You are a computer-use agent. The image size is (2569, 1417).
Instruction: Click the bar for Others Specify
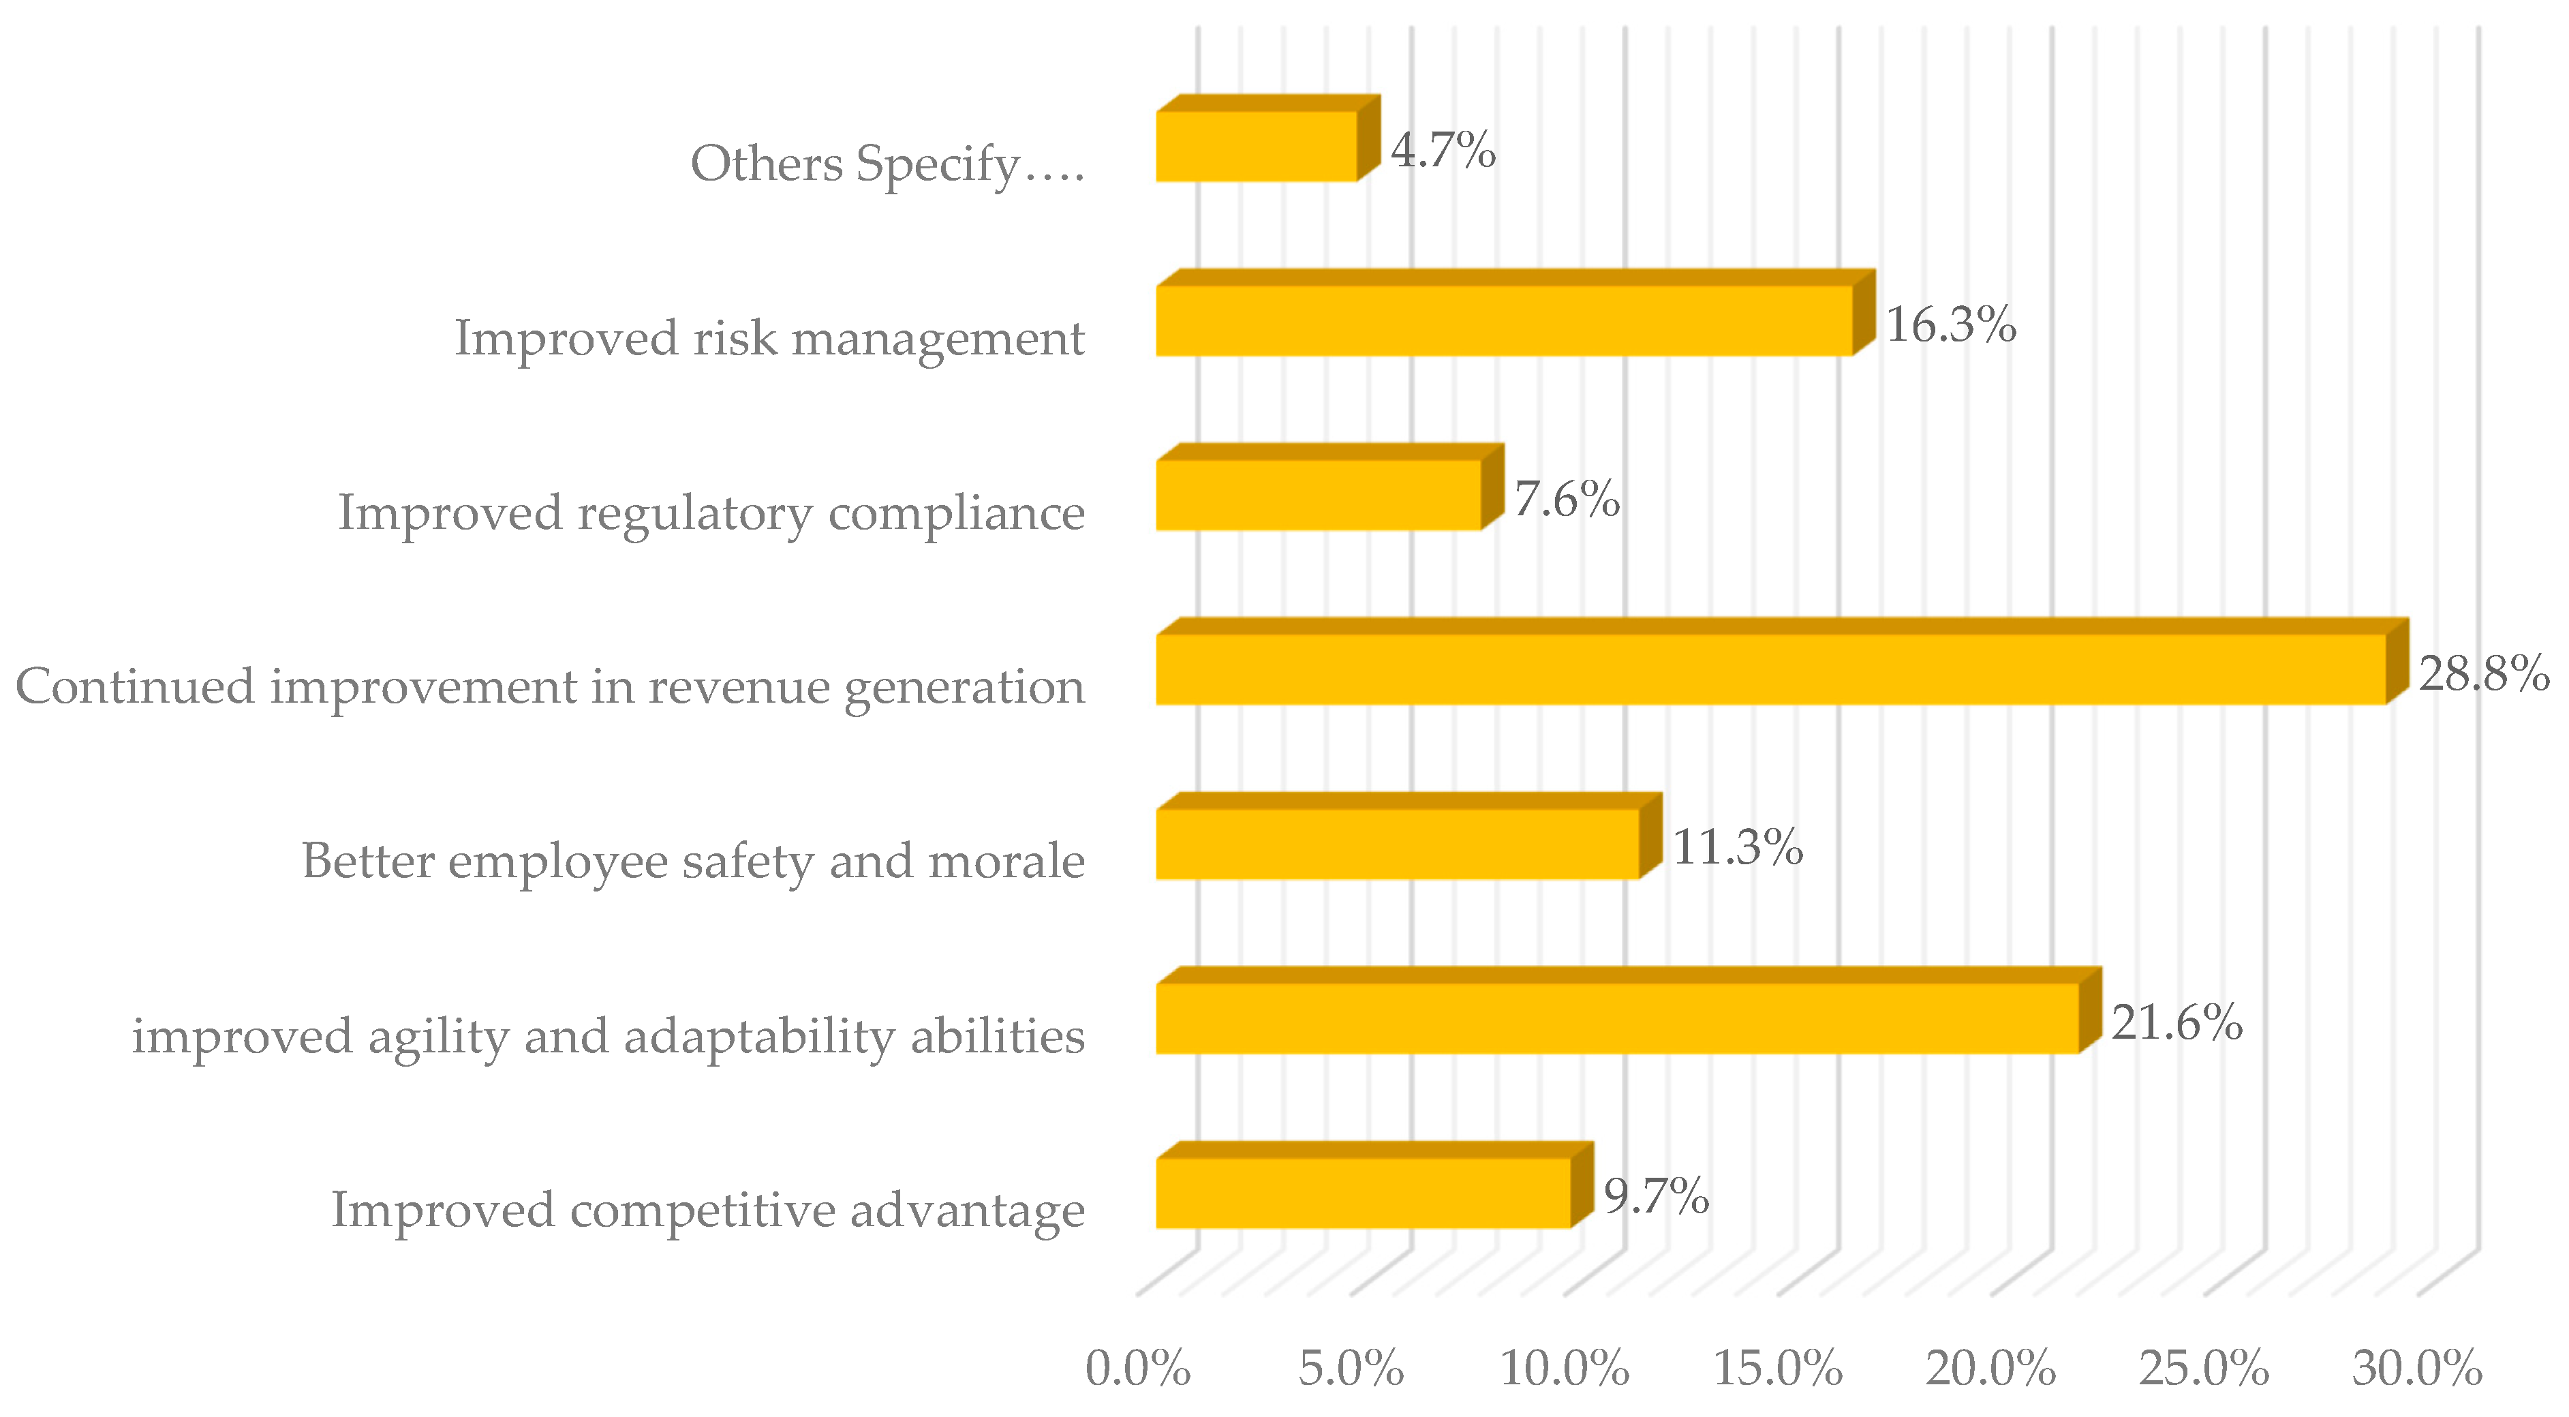[1257, 146]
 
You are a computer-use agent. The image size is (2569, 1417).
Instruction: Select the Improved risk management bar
[1504, 320]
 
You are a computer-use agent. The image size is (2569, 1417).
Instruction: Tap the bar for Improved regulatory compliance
[1319, 495]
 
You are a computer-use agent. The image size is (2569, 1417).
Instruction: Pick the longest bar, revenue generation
[1770, 669]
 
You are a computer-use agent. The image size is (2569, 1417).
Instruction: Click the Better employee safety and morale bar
[1397, 844]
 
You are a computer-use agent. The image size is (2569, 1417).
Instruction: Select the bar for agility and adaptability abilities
[1618, 1018]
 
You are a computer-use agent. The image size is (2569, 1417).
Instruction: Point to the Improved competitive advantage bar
[1364, 1193]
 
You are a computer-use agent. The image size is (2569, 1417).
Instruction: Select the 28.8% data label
[2483, 674]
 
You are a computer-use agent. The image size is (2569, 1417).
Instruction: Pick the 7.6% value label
[1567, 499]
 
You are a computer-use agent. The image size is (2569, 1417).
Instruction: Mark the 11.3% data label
[1737, 848]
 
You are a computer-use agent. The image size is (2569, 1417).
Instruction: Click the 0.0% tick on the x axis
[1138, 1369]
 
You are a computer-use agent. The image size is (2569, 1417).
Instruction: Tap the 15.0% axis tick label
[1777, 1369]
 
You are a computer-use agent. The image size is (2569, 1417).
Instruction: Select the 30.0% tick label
[2416, 1369]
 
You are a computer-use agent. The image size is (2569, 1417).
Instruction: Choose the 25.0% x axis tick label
[2204, 1369]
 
